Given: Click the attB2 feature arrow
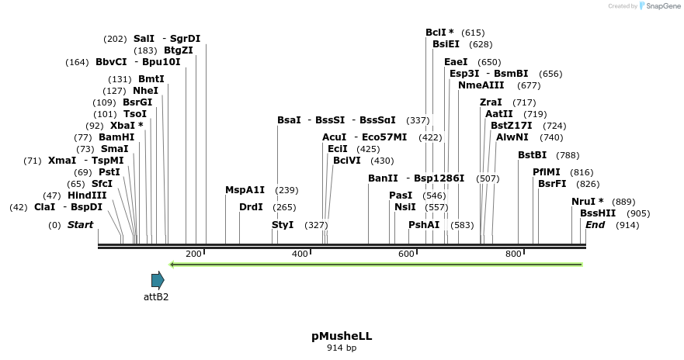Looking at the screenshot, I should tap(158, 280).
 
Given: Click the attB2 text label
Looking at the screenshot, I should tap(156, 296).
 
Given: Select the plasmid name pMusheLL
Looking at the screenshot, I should tap(342, 336).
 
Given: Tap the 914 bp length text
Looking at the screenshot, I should tap(342, 348).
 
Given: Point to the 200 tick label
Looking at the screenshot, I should tap(193, 254).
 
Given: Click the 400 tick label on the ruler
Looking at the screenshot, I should tap(300, 254).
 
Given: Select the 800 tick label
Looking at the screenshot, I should tap(513, 254).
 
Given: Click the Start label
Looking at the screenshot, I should tap(80, 225).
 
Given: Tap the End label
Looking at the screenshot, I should tap(595, 225).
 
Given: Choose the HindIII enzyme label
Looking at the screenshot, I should tap(87, 196).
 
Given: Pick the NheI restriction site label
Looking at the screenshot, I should tap(145, 90).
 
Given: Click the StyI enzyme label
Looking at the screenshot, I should tap(283, 225).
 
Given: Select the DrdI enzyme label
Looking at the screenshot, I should tap(251, 207).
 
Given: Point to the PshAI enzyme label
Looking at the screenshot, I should tap(424, 225).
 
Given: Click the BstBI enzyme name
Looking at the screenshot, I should tap(532, 155).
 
